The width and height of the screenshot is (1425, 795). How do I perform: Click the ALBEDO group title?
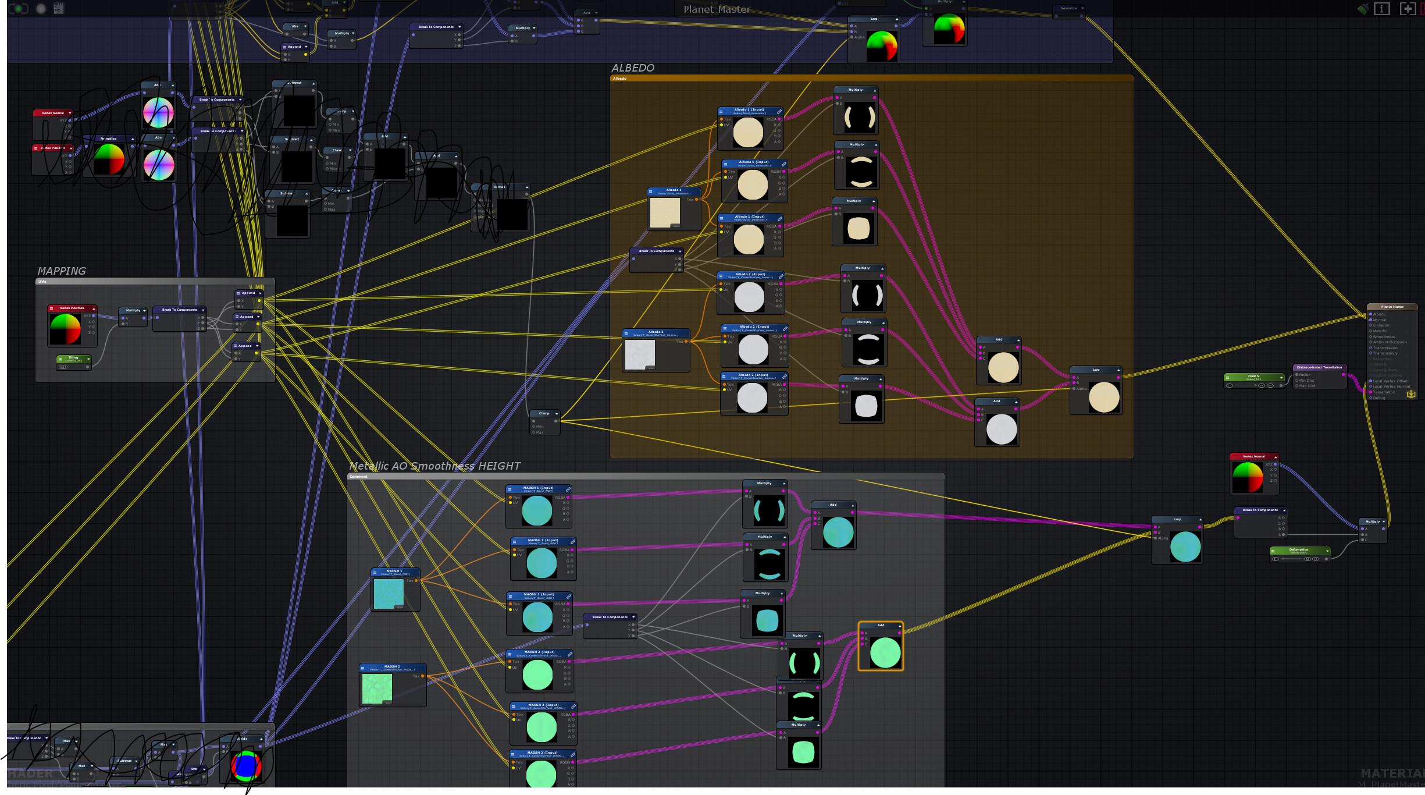pos(633,68)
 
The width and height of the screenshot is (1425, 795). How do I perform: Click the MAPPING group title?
pos(62,271)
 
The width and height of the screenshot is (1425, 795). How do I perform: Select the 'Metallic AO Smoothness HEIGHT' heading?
pos(434,466)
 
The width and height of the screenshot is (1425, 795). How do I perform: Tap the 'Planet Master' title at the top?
pos(717,9)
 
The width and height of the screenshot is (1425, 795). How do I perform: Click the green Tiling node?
pos(74,359)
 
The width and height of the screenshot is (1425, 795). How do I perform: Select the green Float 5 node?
pos(1253,377)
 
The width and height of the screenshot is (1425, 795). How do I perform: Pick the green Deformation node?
pos(1299,551)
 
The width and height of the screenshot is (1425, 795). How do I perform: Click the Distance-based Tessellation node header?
pos(1319,367)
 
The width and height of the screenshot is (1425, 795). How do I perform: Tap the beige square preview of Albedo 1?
pos(665,212)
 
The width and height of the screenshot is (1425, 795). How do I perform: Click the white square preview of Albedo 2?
pos(640,354)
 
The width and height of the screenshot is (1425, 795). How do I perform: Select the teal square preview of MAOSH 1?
pos(389,594)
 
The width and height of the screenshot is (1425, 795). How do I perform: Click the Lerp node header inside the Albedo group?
pos(1096,370)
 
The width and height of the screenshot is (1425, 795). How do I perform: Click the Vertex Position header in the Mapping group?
pos(72,308)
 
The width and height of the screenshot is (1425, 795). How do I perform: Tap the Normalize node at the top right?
pos(1068,9)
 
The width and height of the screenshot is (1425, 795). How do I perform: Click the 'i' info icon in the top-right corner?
pos(1381,9)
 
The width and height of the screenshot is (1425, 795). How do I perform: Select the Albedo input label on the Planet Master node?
pos(1380,314)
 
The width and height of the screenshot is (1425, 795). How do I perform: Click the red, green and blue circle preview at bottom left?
pos(245,766)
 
